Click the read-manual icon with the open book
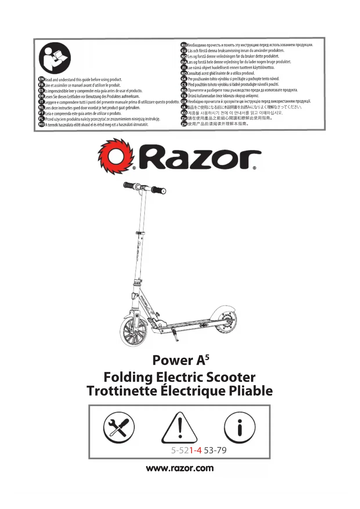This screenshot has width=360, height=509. coord(55,58)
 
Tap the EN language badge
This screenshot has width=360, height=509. coord(41,79)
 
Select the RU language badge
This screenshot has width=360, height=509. coord(184,45)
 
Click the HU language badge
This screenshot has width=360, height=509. coord(41,124)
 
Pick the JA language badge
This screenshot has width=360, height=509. coord(184,107)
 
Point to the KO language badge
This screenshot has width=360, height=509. coord(184,113)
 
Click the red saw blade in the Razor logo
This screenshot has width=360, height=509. coord(115,157)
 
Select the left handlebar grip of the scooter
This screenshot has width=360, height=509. coord(129,185)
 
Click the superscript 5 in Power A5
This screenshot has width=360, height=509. coord(207,357)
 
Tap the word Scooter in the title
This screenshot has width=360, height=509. coord(231,377)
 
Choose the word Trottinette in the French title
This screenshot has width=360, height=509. coord(122,391)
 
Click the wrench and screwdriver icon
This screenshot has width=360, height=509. coord(119,427)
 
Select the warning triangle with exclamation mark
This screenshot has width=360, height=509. coord(180,428)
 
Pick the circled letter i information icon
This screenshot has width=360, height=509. coord(240,427)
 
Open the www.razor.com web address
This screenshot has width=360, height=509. coord(180,468)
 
